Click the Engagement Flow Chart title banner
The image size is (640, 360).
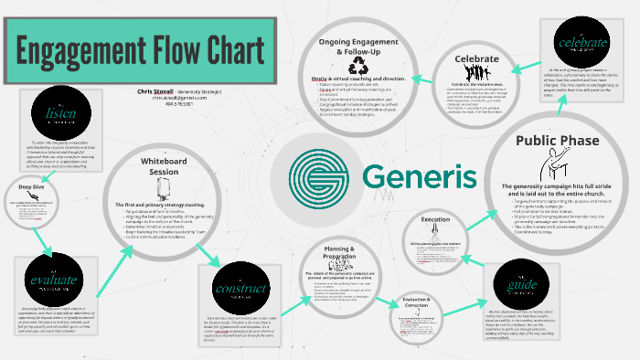point(137,49)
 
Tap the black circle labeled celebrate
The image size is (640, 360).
point(581,43)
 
